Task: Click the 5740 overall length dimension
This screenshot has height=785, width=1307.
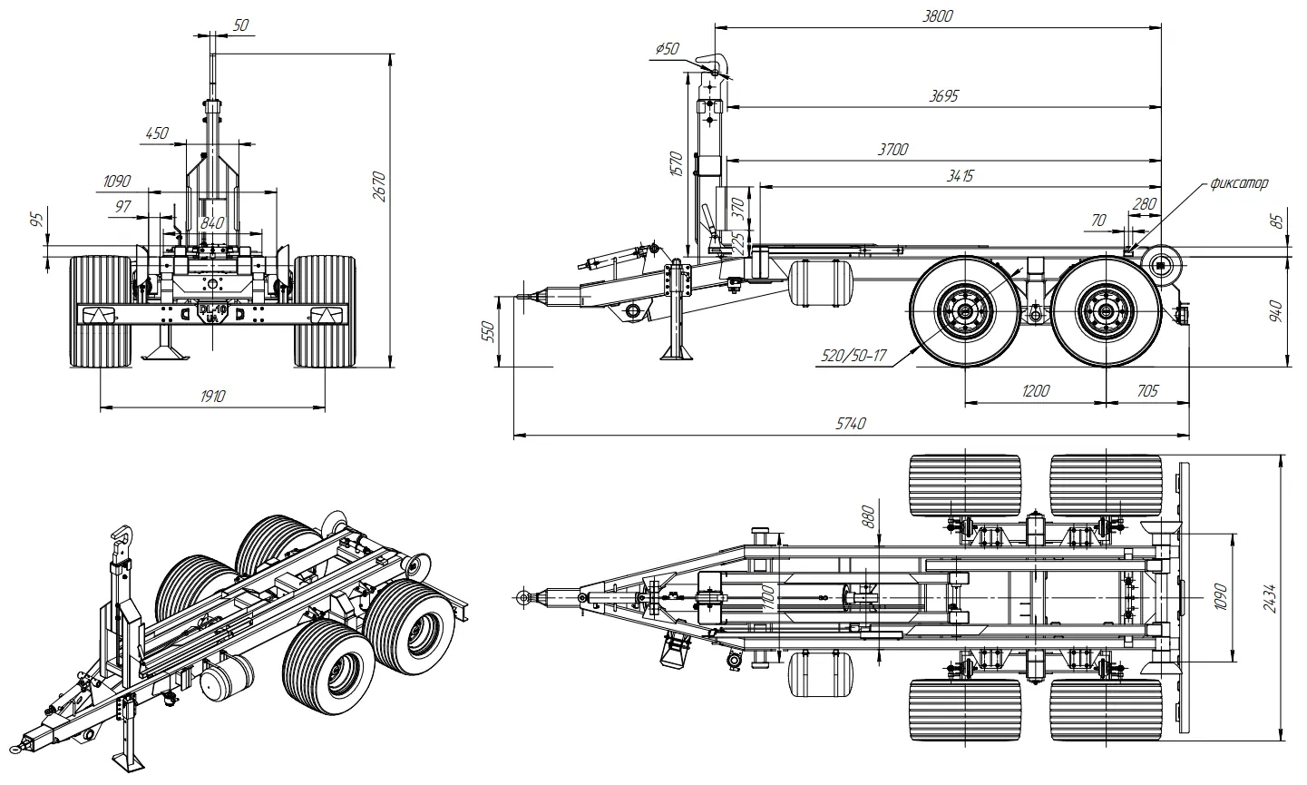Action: coord(850,424)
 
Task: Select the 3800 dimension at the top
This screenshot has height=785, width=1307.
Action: coord(937,16)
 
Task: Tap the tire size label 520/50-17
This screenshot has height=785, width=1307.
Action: coord(853,356)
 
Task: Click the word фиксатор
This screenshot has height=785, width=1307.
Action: coord(1239,183)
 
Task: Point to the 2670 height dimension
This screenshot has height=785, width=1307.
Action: coord(379,187)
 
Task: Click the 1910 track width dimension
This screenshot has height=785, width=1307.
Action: coord(212,397)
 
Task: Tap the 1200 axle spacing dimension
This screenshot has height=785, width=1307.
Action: coord(1036,391)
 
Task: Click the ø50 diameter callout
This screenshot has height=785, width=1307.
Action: coord(667,48)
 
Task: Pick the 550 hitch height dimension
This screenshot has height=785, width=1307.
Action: coord(489,331)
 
